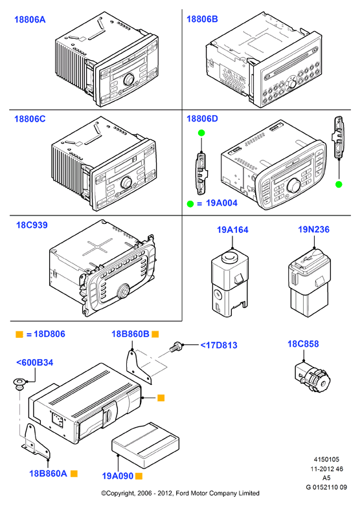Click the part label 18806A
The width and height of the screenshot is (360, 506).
coord(30,19)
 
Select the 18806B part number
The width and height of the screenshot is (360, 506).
coord(202,19)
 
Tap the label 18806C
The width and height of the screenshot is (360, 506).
coord(30,119)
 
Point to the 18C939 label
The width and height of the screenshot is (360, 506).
coord(32,225)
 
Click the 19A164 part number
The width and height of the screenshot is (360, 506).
coord(232,230)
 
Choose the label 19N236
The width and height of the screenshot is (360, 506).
coord(313,230)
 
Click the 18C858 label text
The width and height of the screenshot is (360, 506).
coord(303,344)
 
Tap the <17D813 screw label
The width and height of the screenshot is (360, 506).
coord(219,346)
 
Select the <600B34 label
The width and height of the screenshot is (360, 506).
coord(35,362)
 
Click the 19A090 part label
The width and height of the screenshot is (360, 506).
coord(118,476)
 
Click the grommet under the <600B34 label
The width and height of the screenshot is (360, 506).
coord(19,384)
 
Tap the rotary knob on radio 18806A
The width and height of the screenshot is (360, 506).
coord(129,79)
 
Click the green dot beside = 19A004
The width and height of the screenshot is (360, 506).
coord(190,204)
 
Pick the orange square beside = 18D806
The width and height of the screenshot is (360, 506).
coord(19,335)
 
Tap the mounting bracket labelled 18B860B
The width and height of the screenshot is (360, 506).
coord(138,367)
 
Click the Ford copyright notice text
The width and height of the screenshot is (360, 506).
coord(180,493)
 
